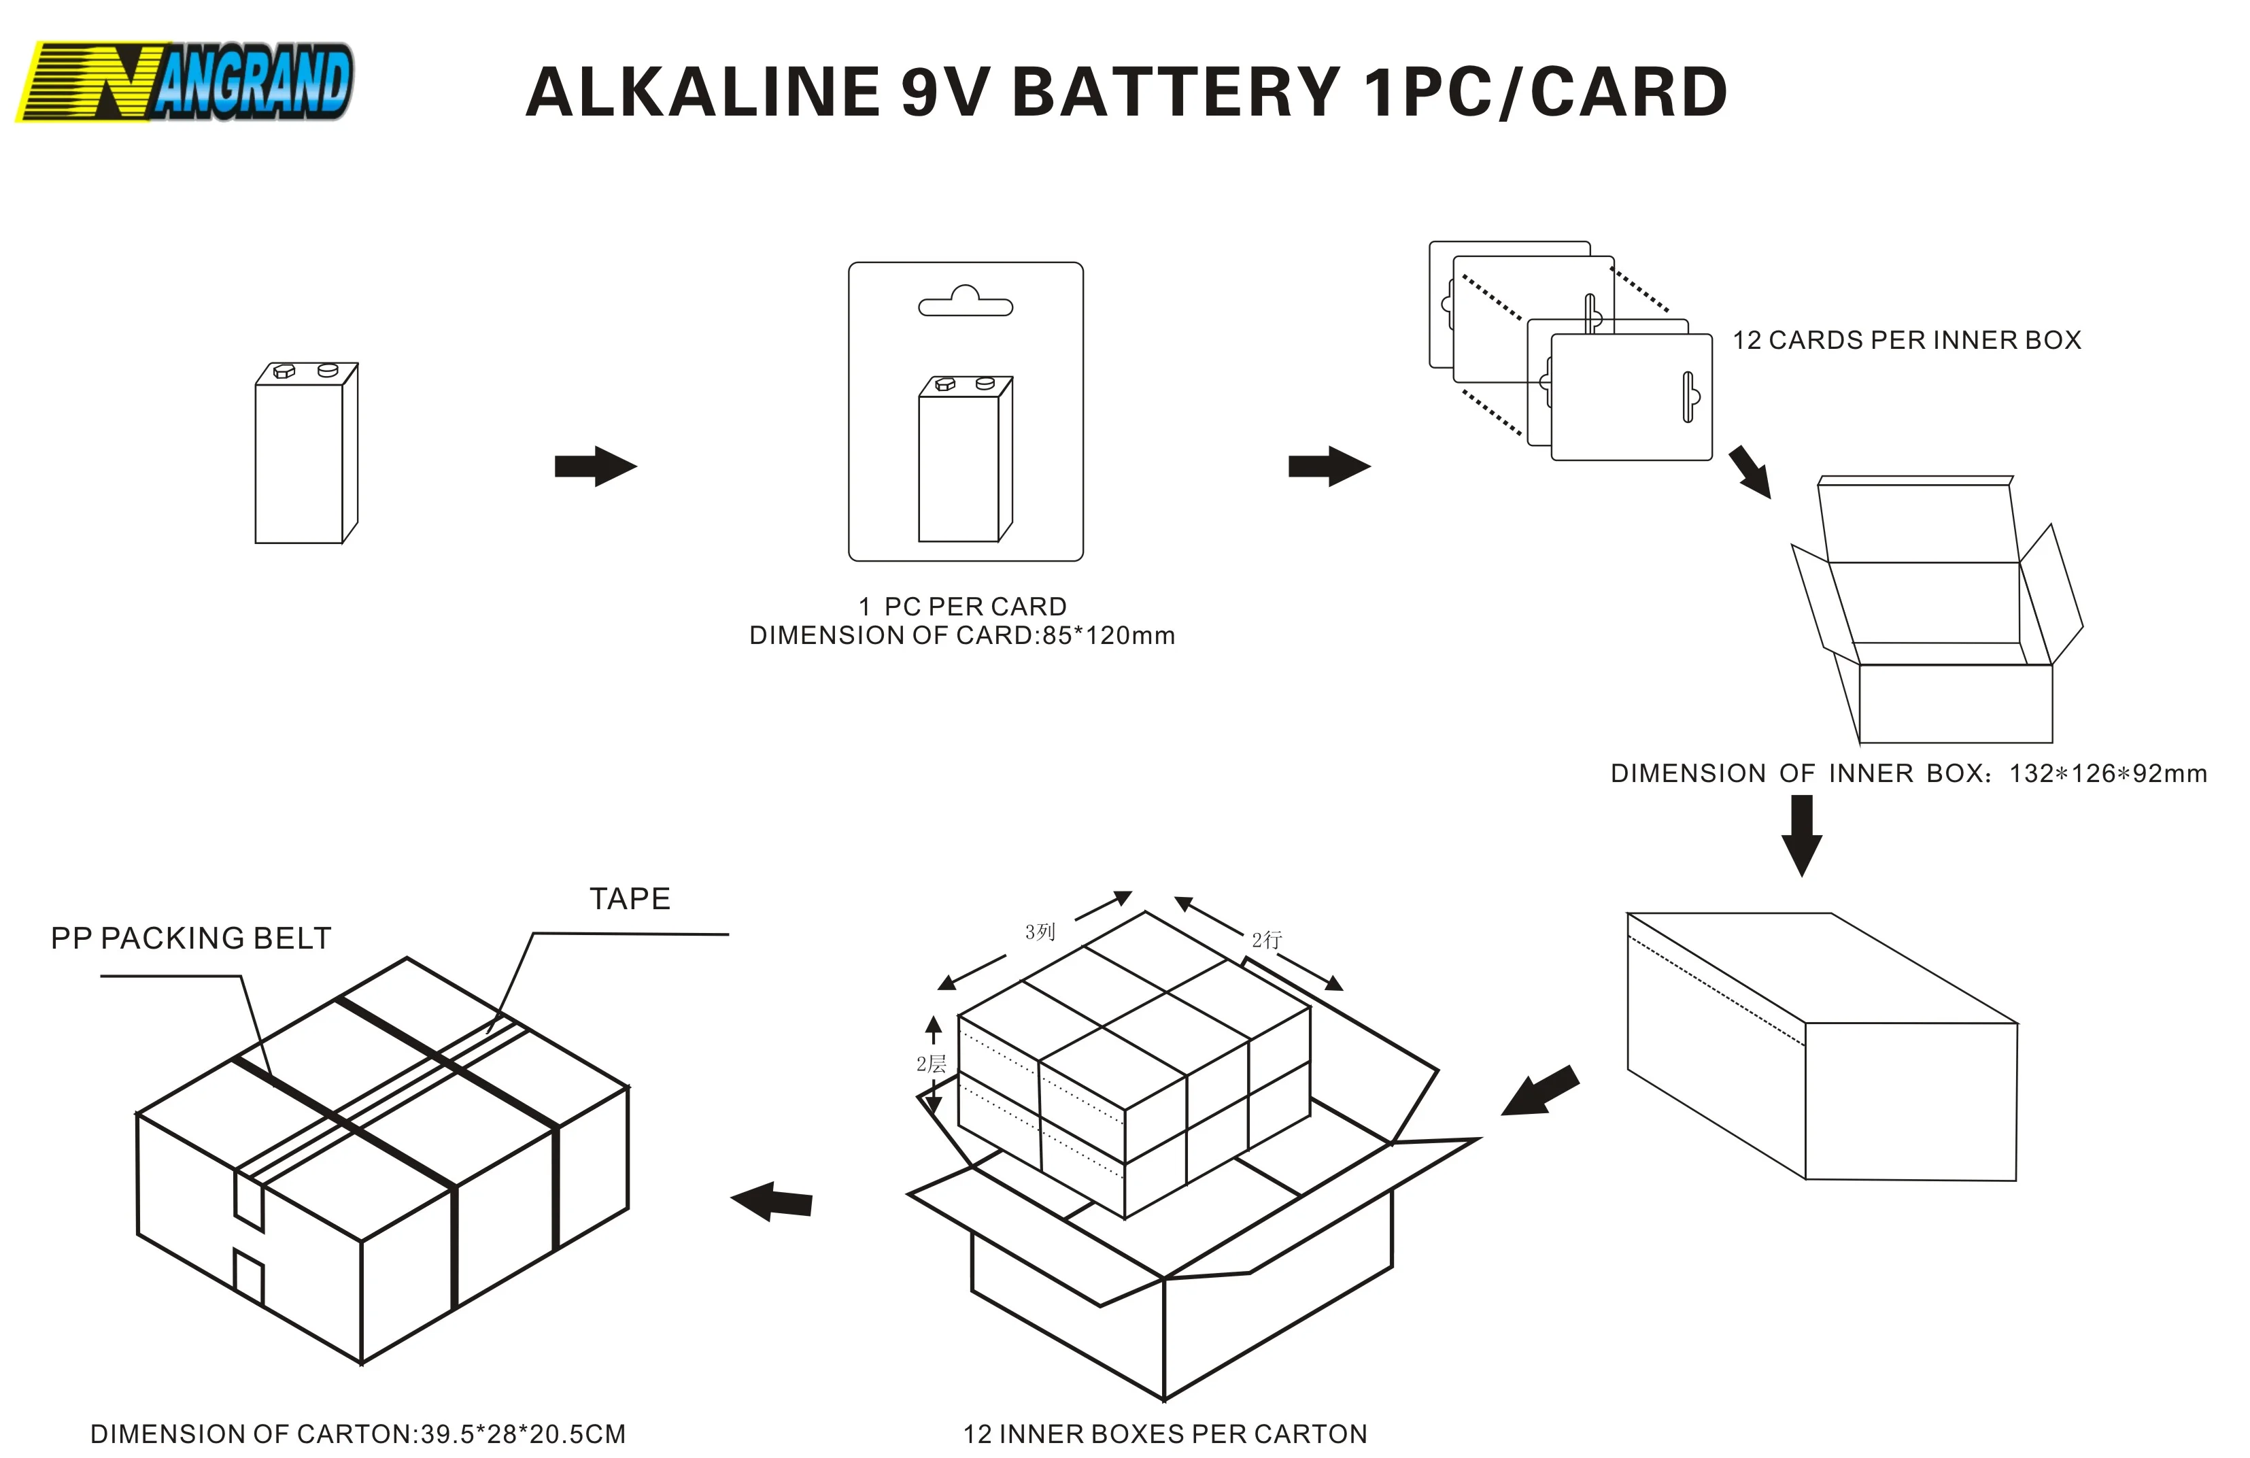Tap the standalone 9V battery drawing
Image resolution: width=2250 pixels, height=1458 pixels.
click(305, 453)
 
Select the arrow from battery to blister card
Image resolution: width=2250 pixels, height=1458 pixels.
click(595, 466)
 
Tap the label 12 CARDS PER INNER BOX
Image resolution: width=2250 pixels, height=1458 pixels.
click(1906, 341)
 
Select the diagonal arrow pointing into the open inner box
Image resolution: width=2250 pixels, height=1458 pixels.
click(1750, 472)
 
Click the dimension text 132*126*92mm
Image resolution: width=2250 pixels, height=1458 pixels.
click(2107, 773)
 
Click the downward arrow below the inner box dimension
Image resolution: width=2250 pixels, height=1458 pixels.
click(1801, 834)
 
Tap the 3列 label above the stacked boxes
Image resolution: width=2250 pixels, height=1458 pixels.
click(1039, 932)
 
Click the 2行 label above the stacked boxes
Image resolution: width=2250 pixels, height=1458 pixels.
click(1267, 939)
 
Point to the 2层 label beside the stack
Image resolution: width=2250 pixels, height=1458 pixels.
click(930, 1064)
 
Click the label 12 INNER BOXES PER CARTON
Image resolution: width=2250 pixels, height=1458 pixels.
click(1165, 1434)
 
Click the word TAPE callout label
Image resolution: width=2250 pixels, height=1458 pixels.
click(630, 898)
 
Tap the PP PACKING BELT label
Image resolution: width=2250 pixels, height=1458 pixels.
click(191, 938)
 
